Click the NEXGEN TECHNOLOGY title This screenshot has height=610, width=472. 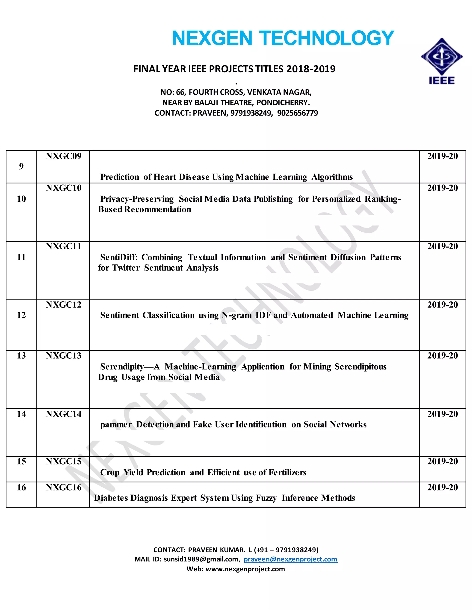pyautogui.click(x=283, y=38)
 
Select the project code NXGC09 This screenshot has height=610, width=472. pyautogui.click(x=63, y=156)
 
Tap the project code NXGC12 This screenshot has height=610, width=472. pyautogui.click(x=63, y=305)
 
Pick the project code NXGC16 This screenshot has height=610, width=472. pyautogui.click(x=63, y=487)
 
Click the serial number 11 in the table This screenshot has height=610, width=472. pyautogui.click(x=21, y=257)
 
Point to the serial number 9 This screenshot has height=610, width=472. pyautogui.click(x=21, y=166)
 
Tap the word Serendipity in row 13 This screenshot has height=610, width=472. pyautogui.click(x=122, y=366)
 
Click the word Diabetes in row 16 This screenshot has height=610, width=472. pyautogui.click(x=111, y=498)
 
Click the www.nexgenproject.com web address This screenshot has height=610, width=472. pyautogui.click(x=245, y=569)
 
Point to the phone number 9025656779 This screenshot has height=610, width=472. pyautogui.click(x=298, y=113)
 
